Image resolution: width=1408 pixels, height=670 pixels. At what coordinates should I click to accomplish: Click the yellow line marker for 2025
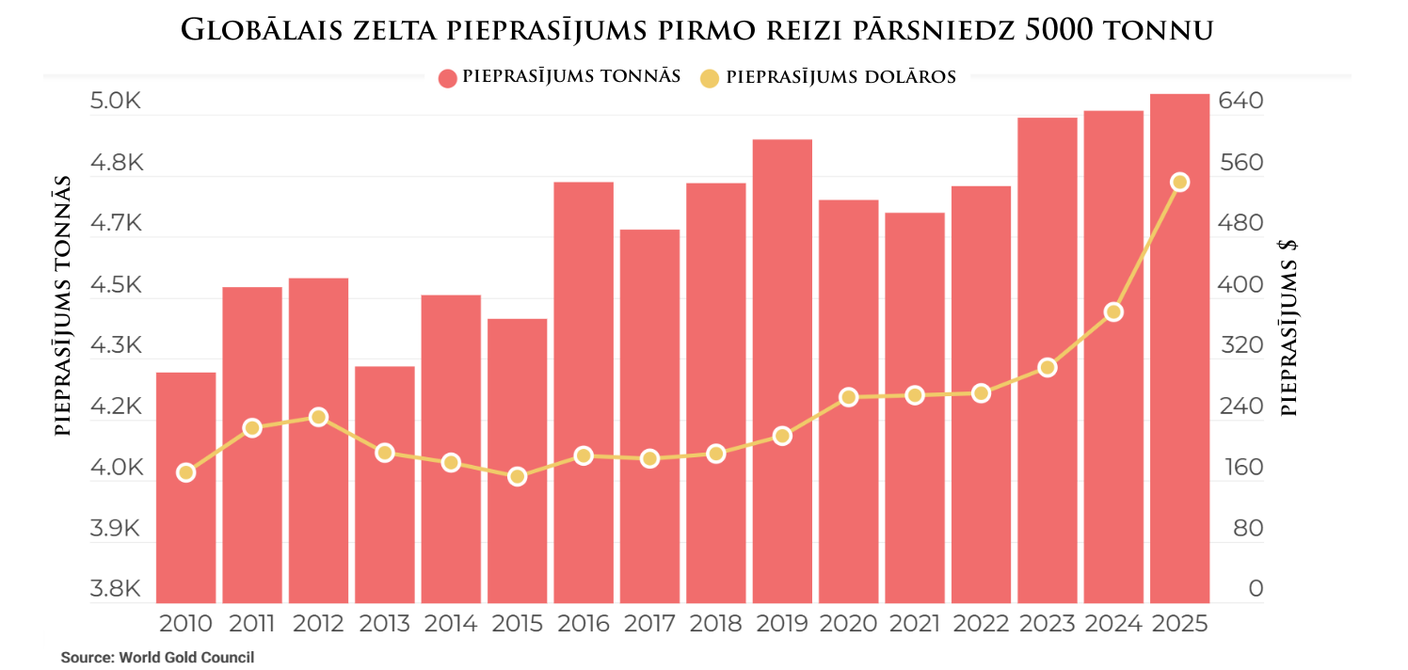pyautogui.click(x=1179, y=182)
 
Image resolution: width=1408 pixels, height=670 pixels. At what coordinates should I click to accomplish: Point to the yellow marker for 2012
pyautogui.click(x=318, y=417)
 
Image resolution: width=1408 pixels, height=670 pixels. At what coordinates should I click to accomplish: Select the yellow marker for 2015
pyautogui.click(x=517, y=477)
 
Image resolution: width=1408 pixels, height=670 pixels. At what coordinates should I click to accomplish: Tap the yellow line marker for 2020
pyautogui.click(x=848, y=397)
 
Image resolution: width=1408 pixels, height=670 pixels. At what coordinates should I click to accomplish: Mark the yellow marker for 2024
pyautogui.click(x=1113, y=311)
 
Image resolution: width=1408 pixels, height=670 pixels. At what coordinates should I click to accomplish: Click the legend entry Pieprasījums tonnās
pyautogui.click(x=559, y=77)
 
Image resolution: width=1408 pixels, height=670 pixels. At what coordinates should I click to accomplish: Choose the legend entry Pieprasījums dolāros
pyautogui.click(x=828, y=77)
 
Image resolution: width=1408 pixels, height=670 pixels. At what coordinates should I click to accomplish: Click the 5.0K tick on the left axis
pyautogui.click(x=115, y=101)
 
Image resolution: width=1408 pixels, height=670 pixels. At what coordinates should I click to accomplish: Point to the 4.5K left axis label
pyautogui.click(x=115, y=285)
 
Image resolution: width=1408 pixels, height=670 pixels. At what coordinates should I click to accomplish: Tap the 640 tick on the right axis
pyautogui.click(x=1241, y=101)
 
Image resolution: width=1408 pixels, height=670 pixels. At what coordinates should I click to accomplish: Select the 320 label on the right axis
pyautogui.click(x=1241, y=345)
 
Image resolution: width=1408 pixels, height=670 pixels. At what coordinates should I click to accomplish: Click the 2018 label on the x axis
pyautogui.click(x=715, y=623)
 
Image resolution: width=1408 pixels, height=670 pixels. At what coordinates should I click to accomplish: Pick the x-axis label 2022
pyautogui.click(x=981, y=623)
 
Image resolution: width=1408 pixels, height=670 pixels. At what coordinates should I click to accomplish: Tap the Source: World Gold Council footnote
pyautogui.click(x=157, y=658)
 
